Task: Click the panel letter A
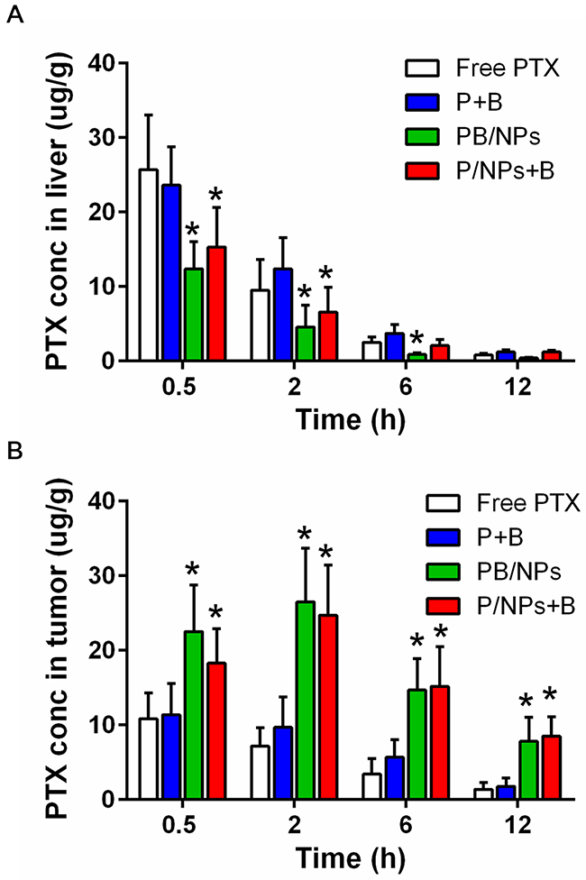14,16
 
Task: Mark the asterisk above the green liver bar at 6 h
417,338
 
